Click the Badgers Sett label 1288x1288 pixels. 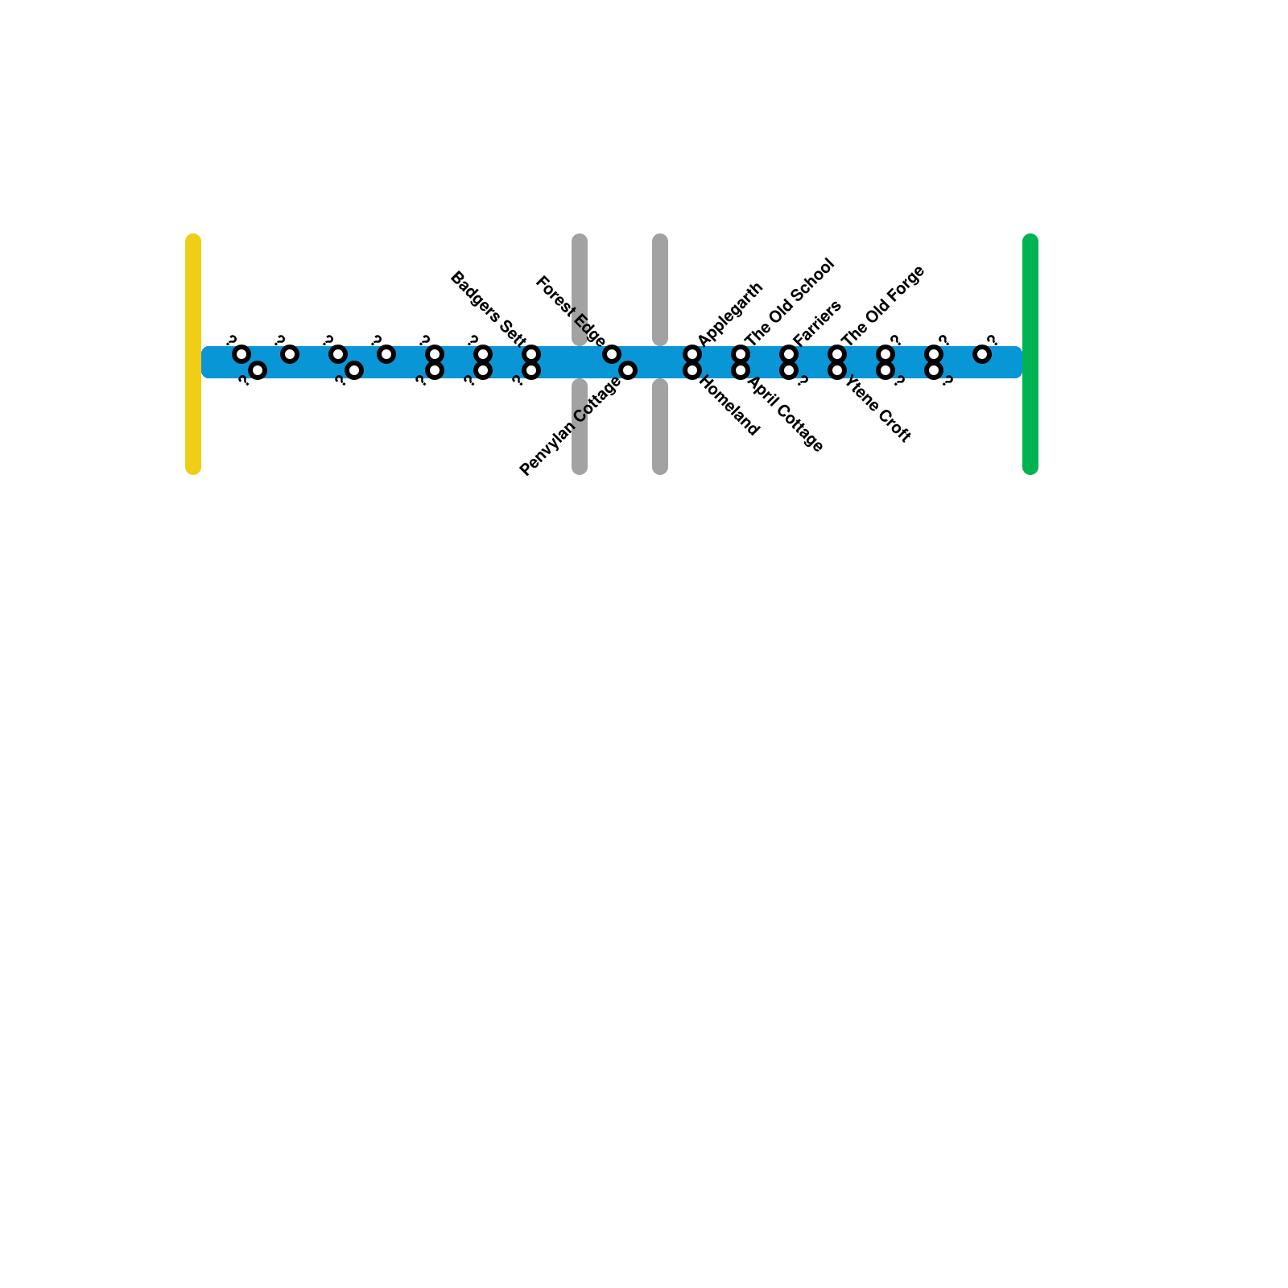pos(488,306)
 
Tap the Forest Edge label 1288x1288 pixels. pos(570,311)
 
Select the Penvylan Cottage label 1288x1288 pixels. pos(570,427)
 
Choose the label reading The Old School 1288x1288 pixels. pos(790,301)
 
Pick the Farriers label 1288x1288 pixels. pos(817,323)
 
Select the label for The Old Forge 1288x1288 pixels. pos(883,306)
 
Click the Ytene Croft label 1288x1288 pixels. pos(877,411)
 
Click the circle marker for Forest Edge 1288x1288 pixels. pos(612,354)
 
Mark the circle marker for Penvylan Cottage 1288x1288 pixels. pos(628,370)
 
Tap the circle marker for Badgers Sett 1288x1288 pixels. pos(531,354)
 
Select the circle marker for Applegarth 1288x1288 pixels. pos(692,354)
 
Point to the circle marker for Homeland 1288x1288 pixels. pos(692,370)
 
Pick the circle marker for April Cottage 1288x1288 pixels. pos(741,370)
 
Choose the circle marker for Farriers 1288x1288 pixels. pos(789,354)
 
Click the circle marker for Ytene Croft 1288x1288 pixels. pos(837,370)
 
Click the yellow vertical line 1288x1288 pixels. pos(193,354)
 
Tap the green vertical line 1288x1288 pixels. pos(1030,354)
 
